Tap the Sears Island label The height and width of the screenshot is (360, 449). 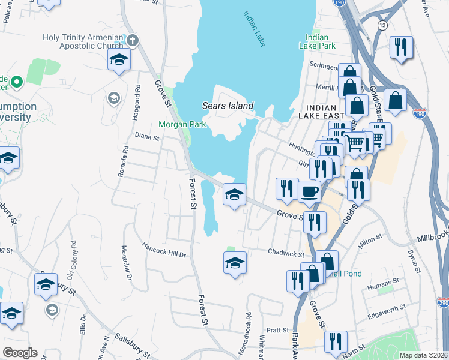[226, 106]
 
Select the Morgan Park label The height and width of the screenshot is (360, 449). [182, 125]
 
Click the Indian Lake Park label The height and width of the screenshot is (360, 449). [321, 41]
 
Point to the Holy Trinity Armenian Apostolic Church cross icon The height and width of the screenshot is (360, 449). [133, 41]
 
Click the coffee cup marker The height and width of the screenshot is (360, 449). [309, 192]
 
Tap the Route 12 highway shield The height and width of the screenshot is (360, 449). [382, 25]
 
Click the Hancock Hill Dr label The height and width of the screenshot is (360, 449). [164, 250]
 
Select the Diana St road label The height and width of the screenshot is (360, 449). [146, 137]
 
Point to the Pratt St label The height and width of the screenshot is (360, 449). [278, 330]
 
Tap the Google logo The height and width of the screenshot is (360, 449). [20, 353]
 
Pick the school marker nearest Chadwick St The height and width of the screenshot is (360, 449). [235, 262]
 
